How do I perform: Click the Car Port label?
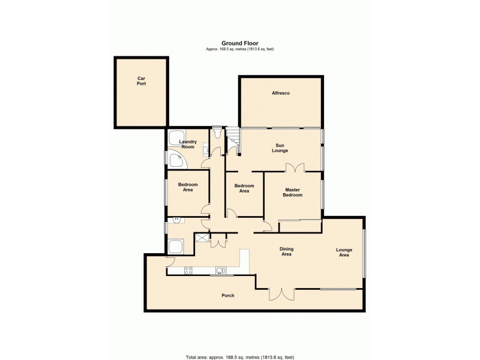141,80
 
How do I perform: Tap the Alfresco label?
281,93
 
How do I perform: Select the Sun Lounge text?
280,148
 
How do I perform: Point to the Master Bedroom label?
293,192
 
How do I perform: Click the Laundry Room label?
188,145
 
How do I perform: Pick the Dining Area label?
286,251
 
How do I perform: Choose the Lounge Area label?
344,253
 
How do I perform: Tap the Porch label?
227,296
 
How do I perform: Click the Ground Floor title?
239,43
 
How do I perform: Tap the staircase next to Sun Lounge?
233,141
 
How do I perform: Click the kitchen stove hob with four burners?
188,270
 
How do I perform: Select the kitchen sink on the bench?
221,270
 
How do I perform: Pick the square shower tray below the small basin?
176,247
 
